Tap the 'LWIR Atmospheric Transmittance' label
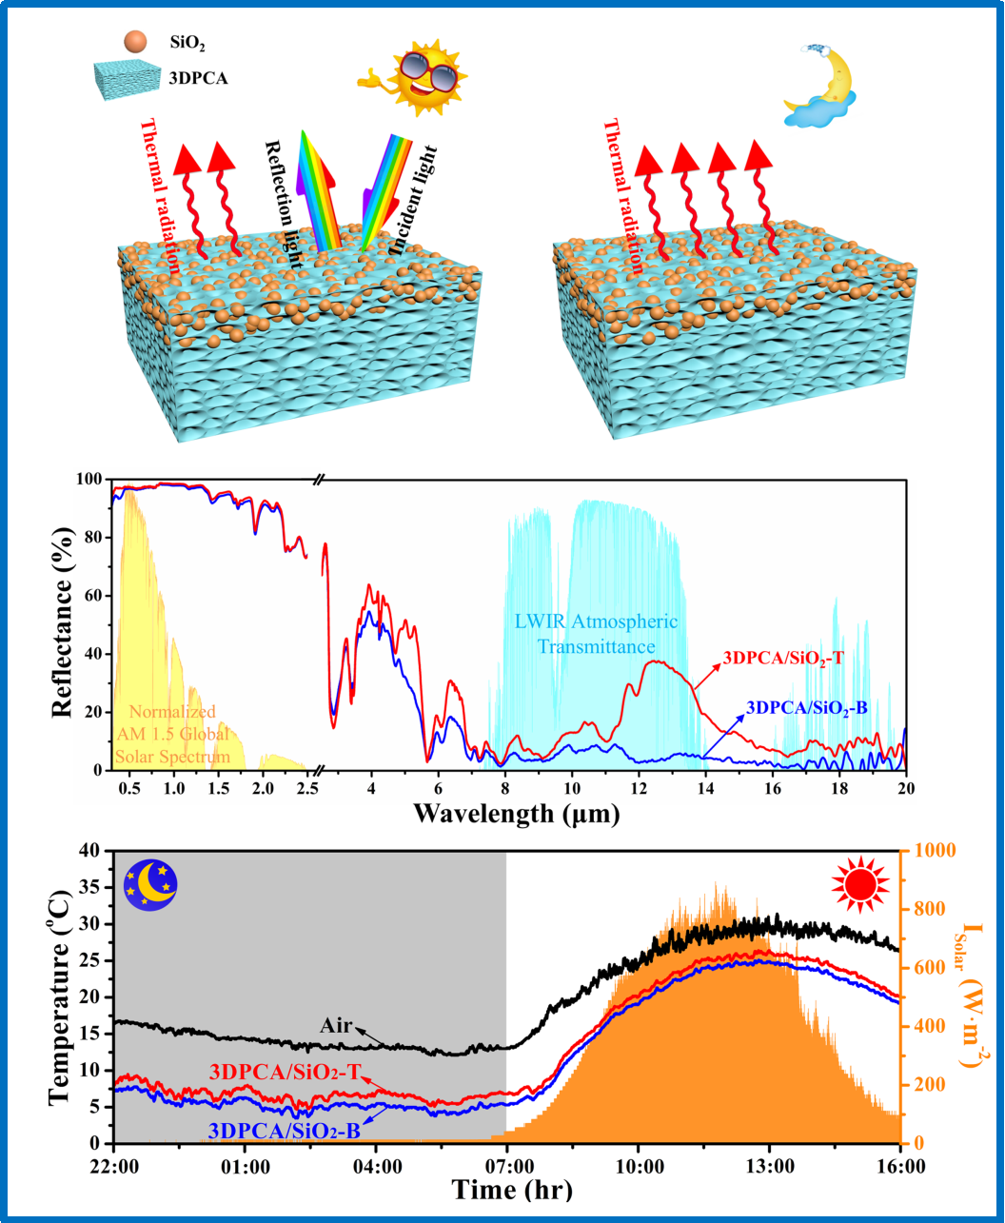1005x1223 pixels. [x=595, y=635]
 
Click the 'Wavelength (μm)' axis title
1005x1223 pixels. [x=517, y=815]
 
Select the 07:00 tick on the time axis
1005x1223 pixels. [x=506, y=1163]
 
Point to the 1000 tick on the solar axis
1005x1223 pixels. [x=933, y=851]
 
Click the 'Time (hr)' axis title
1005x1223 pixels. [x=512, y=1190]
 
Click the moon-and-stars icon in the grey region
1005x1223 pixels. [x=151, y=885]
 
